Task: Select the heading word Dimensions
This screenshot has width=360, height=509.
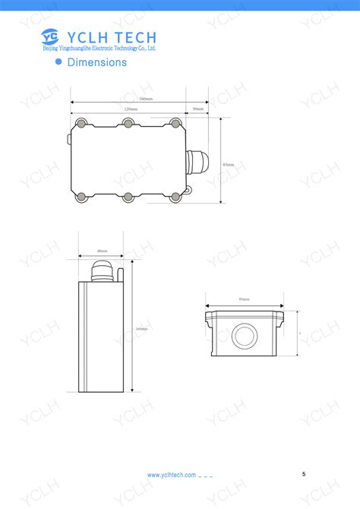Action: pyautogui.click(x=96, y=62)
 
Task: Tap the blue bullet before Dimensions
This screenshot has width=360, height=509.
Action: pyautogui.click(x=58, y=62)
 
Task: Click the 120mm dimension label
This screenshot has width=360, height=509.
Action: pyautogui.click(x=131, y=109)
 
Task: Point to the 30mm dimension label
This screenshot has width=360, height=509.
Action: pyautogui.click(x=197, y=109)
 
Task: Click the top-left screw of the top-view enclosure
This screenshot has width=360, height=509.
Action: pyautogui.click(x=81, y=123)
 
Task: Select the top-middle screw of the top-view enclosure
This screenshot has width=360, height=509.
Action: pyautogui.click(x=128, y=123)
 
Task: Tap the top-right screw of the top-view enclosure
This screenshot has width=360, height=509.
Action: pyautogui.click(x=175, y=123)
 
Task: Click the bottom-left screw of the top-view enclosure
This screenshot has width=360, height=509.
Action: pyautogui.click(x=81, y=198)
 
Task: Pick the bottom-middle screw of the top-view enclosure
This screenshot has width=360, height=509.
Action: pyautogui.click(x=128, y=198)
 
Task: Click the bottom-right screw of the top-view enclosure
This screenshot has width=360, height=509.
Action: pyautogui.click(x=175, y=198)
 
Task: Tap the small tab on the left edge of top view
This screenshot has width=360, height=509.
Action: pyautogui.click(x=69, y=139)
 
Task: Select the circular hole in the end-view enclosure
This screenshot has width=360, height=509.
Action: pyautogui.click(x=245, y=335)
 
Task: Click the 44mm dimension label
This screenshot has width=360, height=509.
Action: pyautogui.click(x=103, y=251)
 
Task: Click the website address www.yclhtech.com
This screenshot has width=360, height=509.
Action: pyautogui.click(x=172, y=475)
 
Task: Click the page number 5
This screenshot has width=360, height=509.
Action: pyautogui.click(x=304, y=474)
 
